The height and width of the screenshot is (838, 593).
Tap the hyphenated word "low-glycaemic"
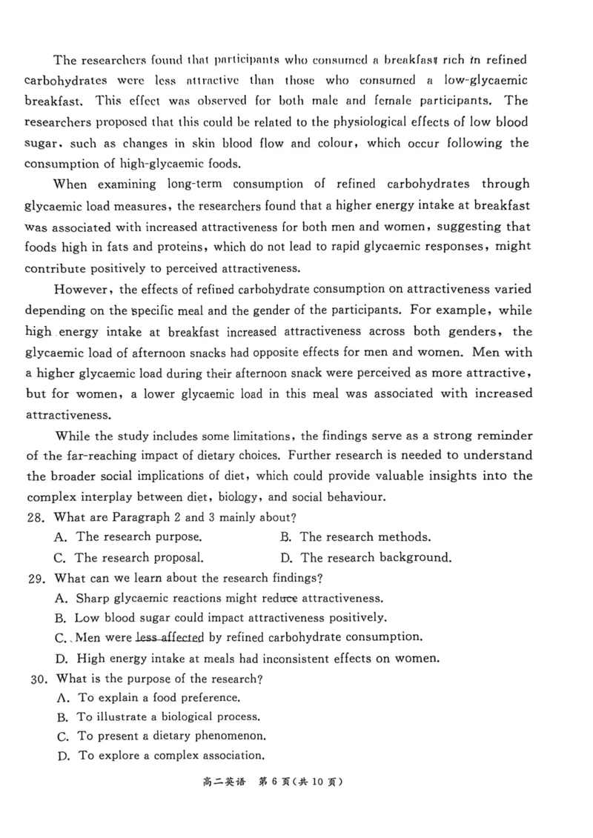coord(486,80)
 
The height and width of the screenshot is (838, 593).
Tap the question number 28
coord(36,517)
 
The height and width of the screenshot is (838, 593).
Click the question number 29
coord(36,578)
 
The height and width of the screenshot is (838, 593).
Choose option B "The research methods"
coord(365,537)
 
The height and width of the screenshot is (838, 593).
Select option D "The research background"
coord(376,558)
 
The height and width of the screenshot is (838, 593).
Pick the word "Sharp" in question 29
coord(93,598)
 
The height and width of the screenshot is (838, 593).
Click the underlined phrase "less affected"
coord(170,637)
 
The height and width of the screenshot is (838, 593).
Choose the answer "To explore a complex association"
coord(171,756)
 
